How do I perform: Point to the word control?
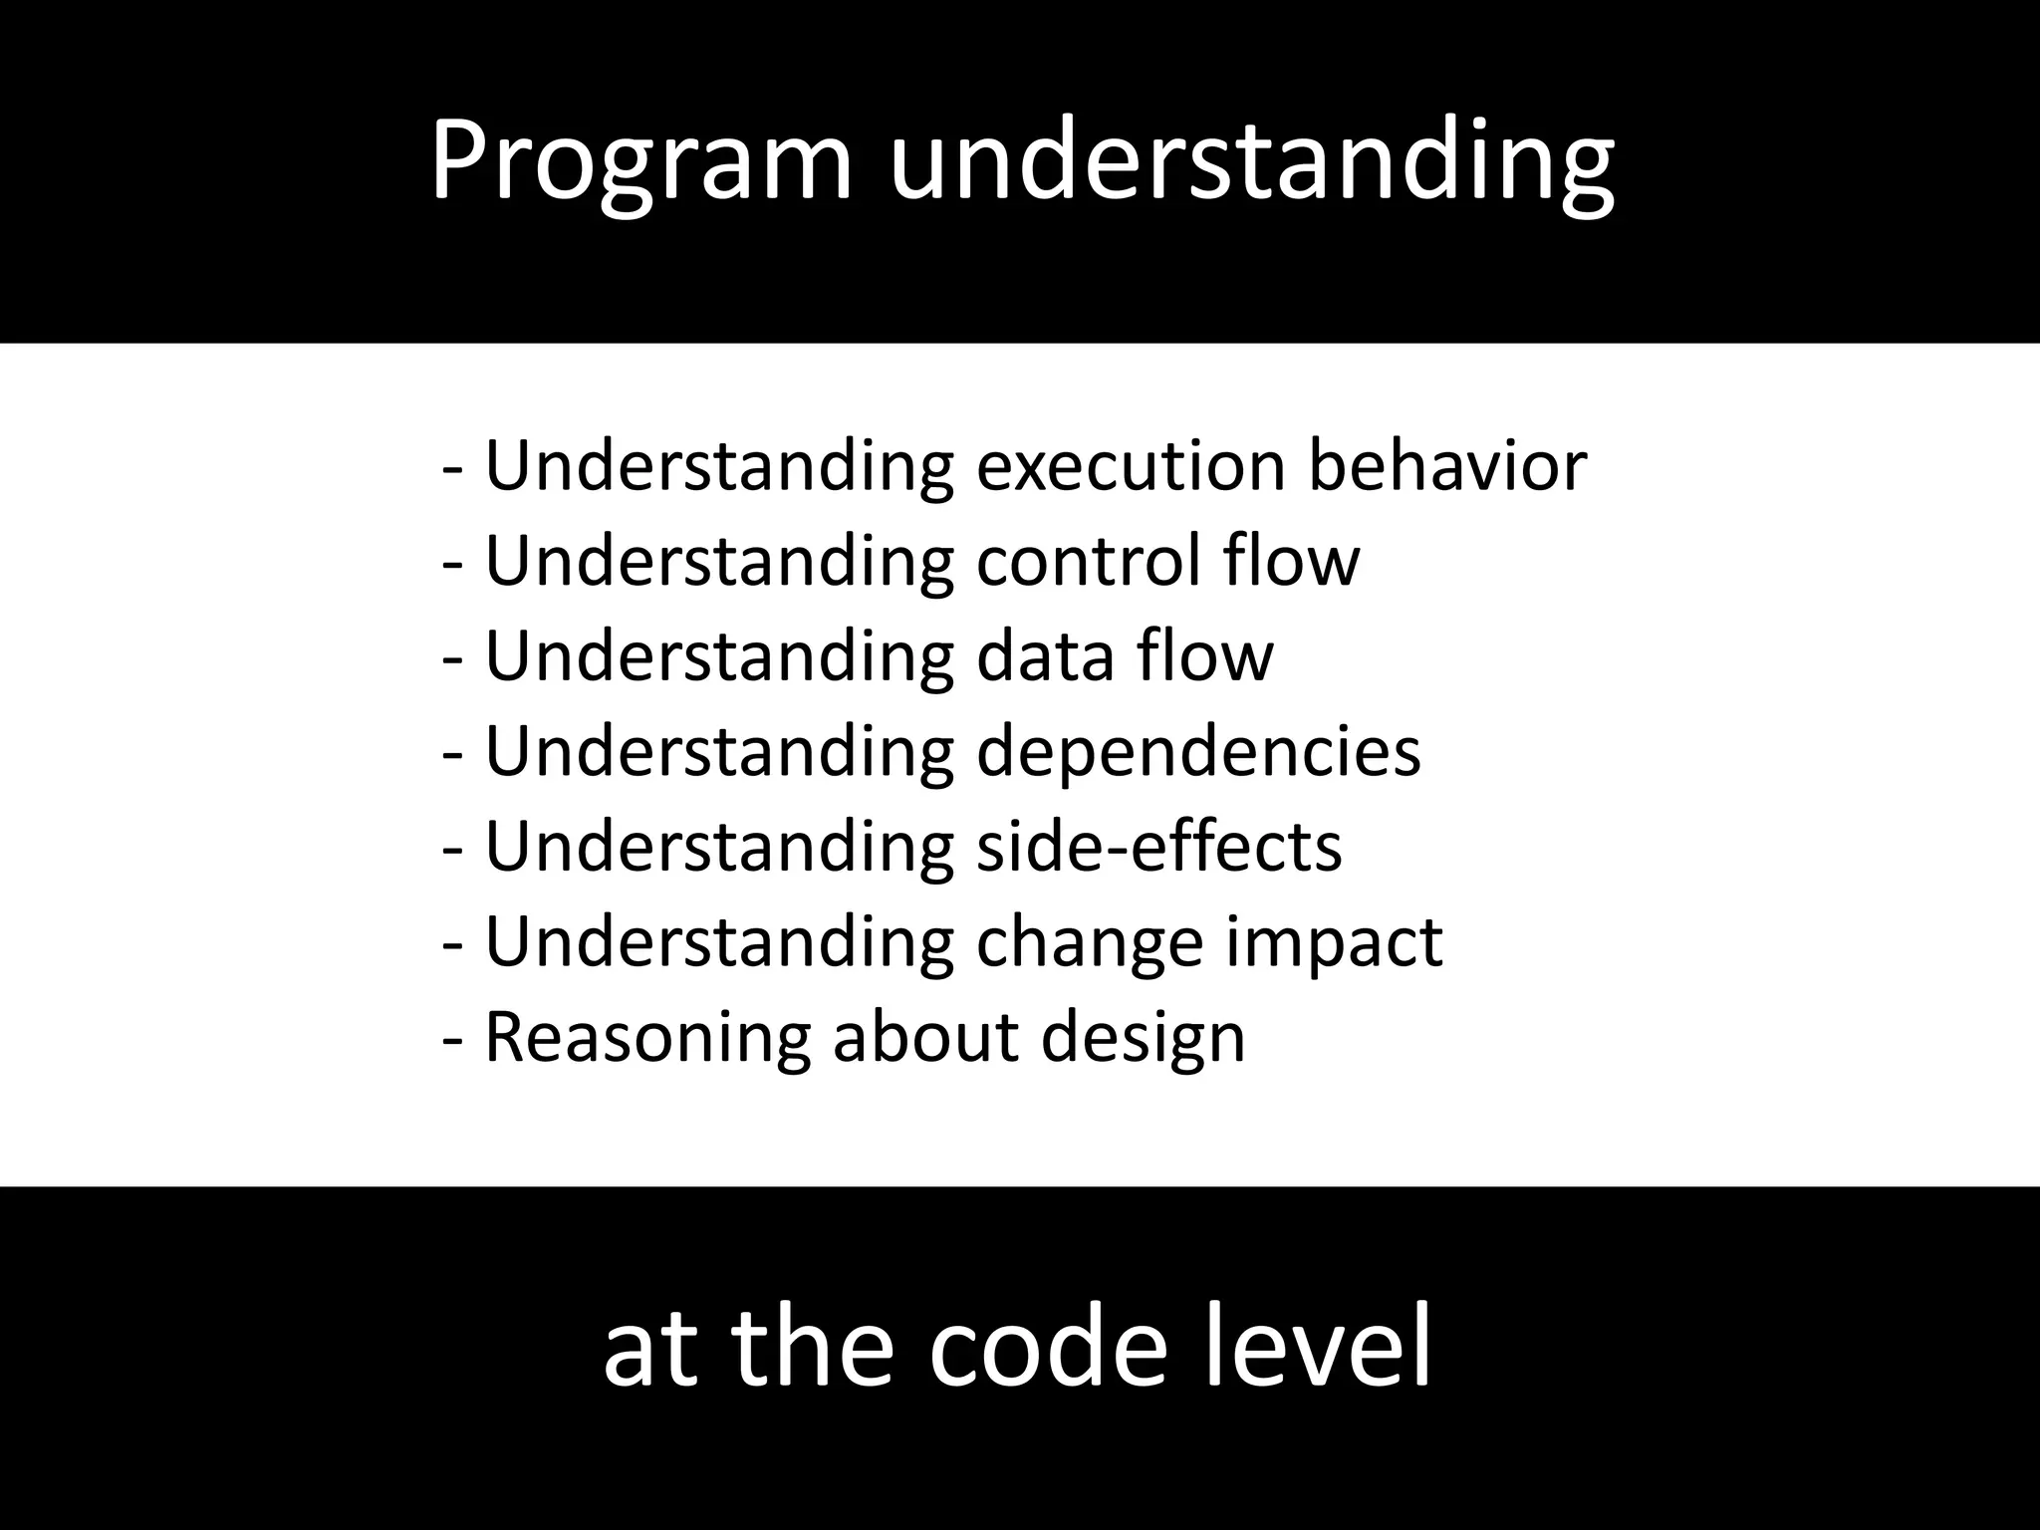(x=1088, y=561)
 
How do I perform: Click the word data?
(x=1045, y=656)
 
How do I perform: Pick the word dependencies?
(x=1198, y=752)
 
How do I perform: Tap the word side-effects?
(x=1158, y=847)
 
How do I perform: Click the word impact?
(x=1334, y=942)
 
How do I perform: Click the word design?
(x=1143, y=1038)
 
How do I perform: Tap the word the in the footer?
(x=812, y=1348)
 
